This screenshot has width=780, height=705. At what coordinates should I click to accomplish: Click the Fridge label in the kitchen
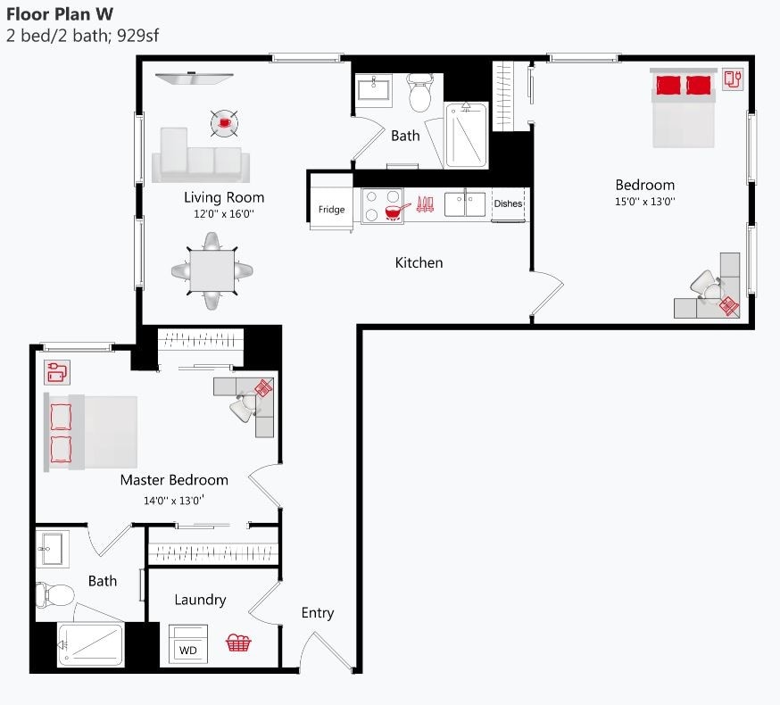pos(331,210)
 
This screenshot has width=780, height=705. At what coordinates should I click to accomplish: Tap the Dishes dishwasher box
pos(508,204)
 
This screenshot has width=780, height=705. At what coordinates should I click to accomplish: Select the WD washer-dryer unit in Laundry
pos(188,645)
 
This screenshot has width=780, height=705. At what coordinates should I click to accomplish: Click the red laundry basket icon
pos(237,643)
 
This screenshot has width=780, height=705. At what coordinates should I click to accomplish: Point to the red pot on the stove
pos(393,211)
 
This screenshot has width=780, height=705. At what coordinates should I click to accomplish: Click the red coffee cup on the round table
pos(224,121)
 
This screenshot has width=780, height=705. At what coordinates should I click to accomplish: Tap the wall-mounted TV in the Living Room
pos(194,79)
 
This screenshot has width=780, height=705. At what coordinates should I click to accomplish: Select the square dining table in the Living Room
pos(212,270)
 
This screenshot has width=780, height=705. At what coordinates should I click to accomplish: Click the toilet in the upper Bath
pos(420,93)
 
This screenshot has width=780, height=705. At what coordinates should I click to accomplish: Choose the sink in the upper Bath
pos(375,90)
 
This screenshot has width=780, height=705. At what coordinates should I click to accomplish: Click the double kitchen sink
pos(465,204)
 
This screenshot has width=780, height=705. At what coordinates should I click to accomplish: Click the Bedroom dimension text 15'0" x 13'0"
pos(644,202)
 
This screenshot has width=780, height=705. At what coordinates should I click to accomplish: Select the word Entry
pos(317,612)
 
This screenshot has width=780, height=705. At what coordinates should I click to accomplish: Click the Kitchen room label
pos(419,262)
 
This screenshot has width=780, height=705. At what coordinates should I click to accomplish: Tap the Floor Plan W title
pos(60,14)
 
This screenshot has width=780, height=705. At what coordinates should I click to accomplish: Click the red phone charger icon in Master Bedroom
pos(56,370)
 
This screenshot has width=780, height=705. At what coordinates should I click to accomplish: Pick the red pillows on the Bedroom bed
pos(684,85)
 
